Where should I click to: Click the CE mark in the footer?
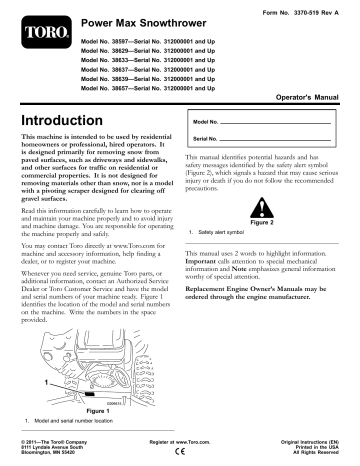pos(179,452)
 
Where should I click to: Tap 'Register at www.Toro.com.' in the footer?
pos(180,441)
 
